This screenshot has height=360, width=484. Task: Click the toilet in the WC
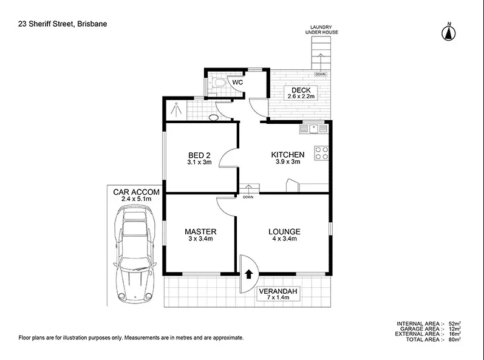click(x=219, y=83)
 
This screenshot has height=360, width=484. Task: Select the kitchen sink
click(x=314, y=128)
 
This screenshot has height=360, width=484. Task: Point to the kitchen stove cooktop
click(x=321, y=153)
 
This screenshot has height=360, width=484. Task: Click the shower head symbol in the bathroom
click(x=176, y=109)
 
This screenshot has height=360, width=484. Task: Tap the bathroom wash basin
click(x=213, y=116)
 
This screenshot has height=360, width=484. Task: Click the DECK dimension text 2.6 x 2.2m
click(x=302, y=97)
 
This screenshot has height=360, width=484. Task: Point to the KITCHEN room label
click(x=287, y=155)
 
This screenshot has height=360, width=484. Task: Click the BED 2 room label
click(x=200, y=155)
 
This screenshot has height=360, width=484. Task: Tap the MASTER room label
click(x=200, y=232)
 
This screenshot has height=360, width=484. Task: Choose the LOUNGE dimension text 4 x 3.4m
click(x=285, y=239)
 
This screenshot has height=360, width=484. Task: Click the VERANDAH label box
click(x=278, y=295)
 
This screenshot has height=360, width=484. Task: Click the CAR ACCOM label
click(x=137, y=192)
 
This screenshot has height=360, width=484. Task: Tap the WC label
click(x=238, y=82)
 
